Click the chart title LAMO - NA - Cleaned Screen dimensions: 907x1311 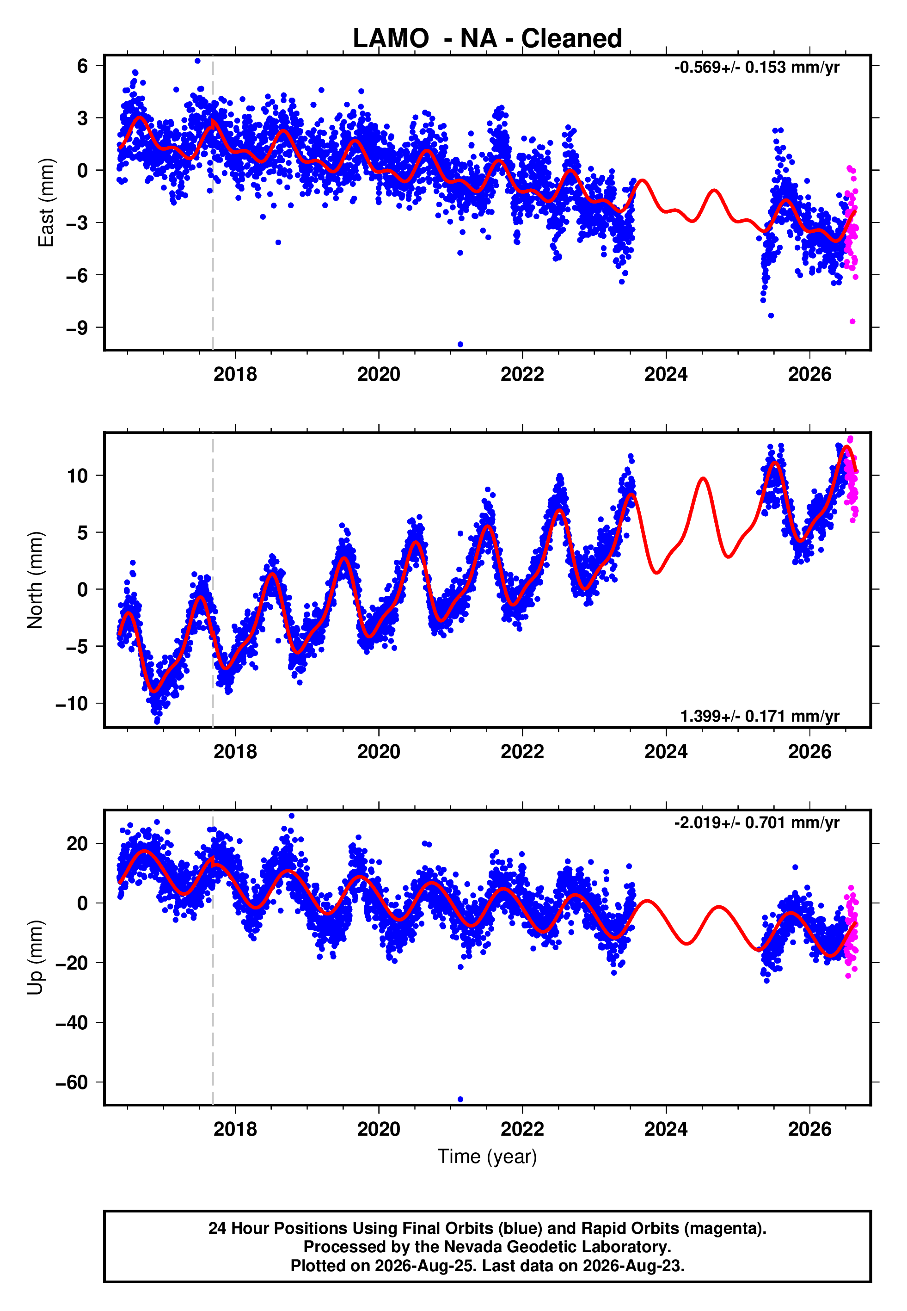(x=487, y=39)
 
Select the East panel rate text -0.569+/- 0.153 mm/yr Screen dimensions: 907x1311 (x=756, y=68)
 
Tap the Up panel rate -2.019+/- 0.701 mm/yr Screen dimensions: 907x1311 (x=756, y=822)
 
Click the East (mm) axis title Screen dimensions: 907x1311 (x=46, y=203)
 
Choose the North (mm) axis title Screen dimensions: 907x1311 (x=35, y=580)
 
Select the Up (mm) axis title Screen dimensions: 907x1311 (x=35, y=958)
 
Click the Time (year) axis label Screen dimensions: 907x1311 (x=487, y=1157)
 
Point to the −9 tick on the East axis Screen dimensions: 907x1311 (x=77, y=328)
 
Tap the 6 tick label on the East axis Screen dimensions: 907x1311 (x=83, y=66)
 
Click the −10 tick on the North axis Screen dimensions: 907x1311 (x=72, y=704)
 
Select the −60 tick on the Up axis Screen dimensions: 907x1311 (x=72, y=1082)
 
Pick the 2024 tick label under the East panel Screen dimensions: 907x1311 (x=666, y=374)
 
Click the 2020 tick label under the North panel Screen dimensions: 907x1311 (x=379, y=752)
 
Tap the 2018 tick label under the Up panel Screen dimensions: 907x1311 (x=235, y=1129)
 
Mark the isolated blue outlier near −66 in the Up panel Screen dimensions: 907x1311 (x=460, y=1100)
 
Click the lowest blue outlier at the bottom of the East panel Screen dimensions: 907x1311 (x=460, y=345)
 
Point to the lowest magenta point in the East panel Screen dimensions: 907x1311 (x=852, y=322)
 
